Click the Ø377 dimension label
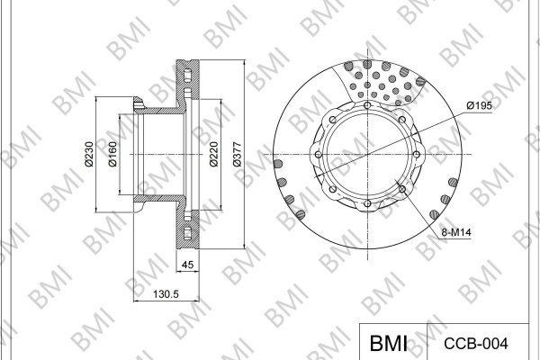[238, 154]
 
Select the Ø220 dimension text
[214, 154]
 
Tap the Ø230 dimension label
[89, 154]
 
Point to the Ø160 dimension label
[112, 154]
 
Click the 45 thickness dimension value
[187, 265]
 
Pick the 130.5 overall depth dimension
[166, 294]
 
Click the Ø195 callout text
[480, 106]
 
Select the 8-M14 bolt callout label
[456, 232]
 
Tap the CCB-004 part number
[475, 344]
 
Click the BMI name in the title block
[389, 343]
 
